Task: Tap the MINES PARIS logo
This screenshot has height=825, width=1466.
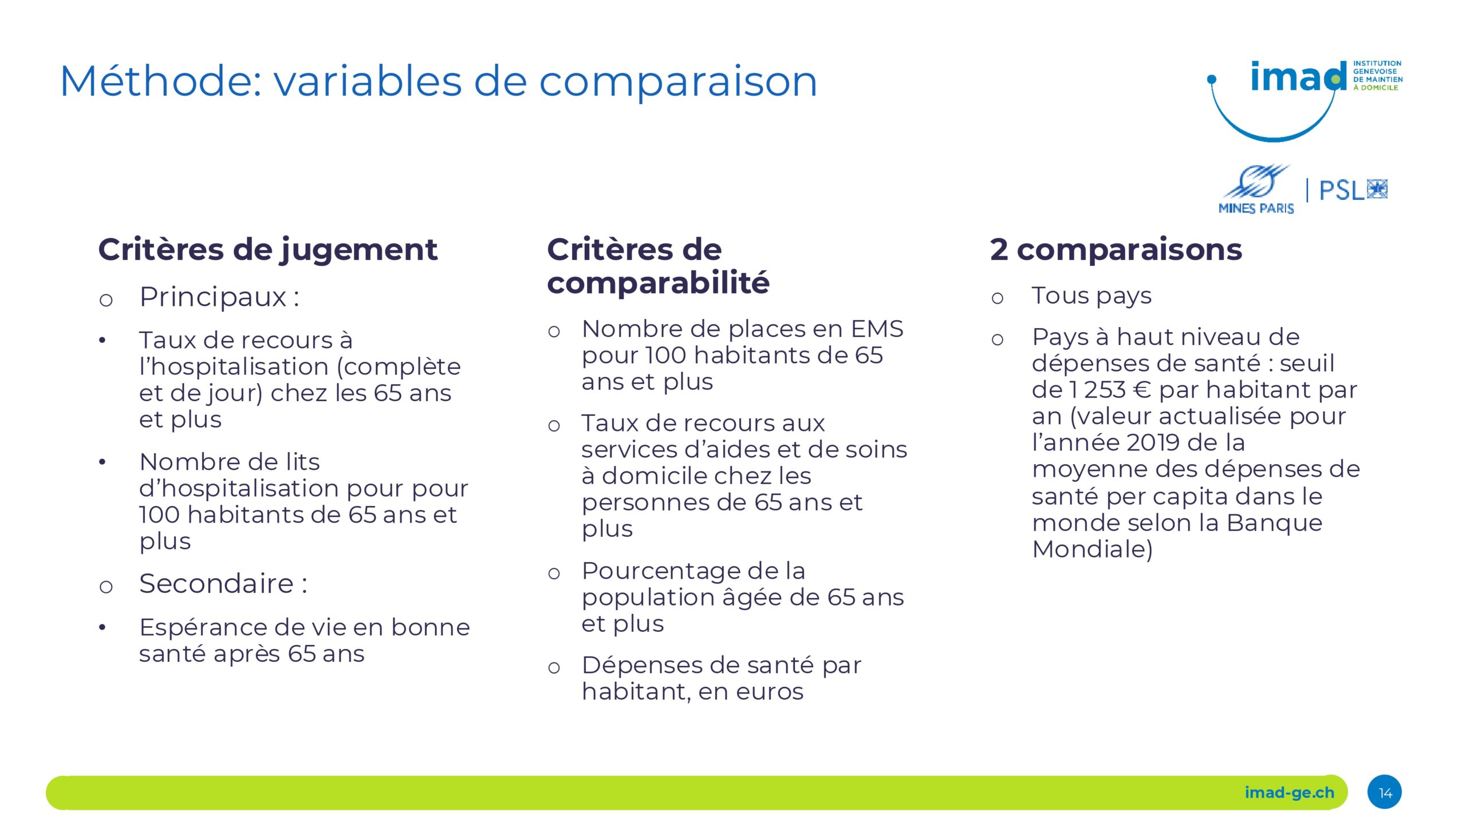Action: click(x=1256, y=190)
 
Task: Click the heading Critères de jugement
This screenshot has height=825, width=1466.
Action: click(x=267, y=250)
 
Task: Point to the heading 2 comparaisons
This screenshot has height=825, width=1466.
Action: click(x=1116, y=250)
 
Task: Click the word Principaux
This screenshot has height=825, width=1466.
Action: click(x=212, y=298)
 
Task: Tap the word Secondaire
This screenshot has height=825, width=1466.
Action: click(x=216, y=584)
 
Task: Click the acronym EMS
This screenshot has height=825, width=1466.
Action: click(x=877, y=329)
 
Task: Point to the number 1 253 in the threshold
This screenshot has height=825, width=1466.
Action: click(x=1098, y=390)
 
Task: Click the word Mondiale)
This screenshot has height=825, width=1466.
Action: click(x=1092, y=549)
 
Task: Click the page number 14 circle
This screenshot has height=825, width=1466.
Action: click(x=1385, y=792)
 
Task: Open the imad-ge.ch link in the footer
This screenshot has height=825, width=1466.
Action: click(x=1290, y=793)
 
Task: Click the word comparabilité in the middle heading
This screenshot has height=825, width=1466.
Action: click(x=658, y=283)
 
